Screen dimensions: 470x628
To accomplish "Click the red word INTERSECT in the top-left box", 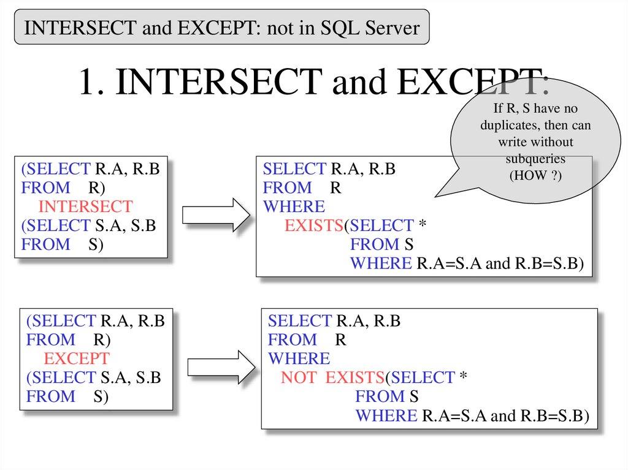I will (x=85, y=207).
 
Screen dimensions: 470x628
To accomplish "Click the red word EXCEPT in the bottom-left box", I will (x=77, y=358).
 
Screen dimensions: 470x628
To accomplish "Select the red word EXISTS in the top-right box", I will (x=313, y=226).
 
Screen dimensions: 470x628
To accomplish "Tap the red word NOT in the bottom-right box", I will (x=298, y=377).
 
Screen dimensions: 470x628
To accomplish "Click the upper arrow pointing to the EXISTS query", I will (x=216, y=215).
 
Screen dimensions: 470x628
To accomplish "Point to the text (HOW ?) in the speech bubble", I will (x=535, y=175).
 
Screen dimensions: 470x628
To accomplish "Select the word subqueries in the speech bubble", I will (x=535, y=159).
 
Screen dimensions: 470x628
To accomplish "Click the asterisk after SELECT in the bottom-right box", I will (x=463, y=378).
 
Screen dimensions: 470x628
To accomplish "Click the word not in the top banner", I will (x=277, y=27).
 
